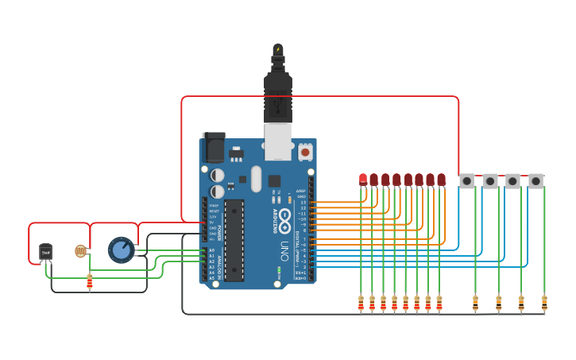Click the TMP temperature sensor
click(x=45, y=252)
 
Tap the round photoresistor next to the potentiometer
click(x=80, y=251)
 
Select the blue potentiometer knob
click(x=121, y=250)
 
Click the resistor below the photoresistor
click(x=90, y=281)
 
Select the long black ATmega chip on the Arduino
click(x=234, y=240)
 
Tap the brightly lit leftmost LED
click(x=363, y=179)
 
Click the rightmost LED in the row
click(x=441, y=180)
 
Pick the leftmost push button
click(x=467, y=181)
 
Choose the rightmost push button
click(x=536, y=181)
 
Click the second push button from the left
click(x=490, y=181)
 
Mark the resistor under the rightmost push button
click(x=544, y=302)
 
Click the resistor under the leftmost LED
click(x=361, y=302)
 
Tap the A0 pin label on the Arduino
click(x=211, y=250)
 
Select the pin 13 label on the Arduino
click(x=303, y=203)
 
